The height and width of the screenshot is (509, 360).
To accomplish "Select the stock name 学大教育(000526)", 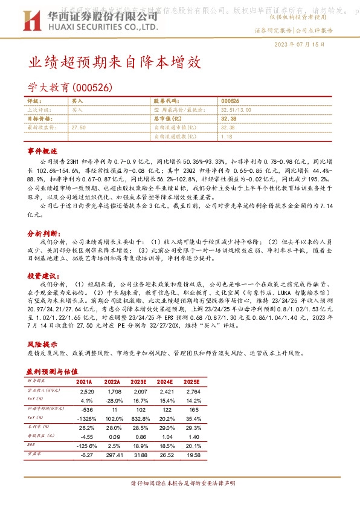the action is pos(71,87).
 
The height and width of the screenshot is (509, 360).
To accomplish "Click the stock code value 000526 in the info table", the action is pos(230,101).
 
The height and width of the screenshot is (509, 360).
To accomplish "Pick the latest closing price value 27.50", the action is pos(79,128).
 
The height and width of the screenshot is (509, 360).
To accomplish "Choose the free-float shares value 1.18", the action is pos(227,137).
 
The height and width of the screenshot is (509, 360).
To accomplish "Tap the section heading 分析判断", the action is pos(42,233).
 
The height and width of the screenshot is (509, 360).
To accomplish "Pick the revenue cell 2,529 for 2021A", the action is pos(86,392).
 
